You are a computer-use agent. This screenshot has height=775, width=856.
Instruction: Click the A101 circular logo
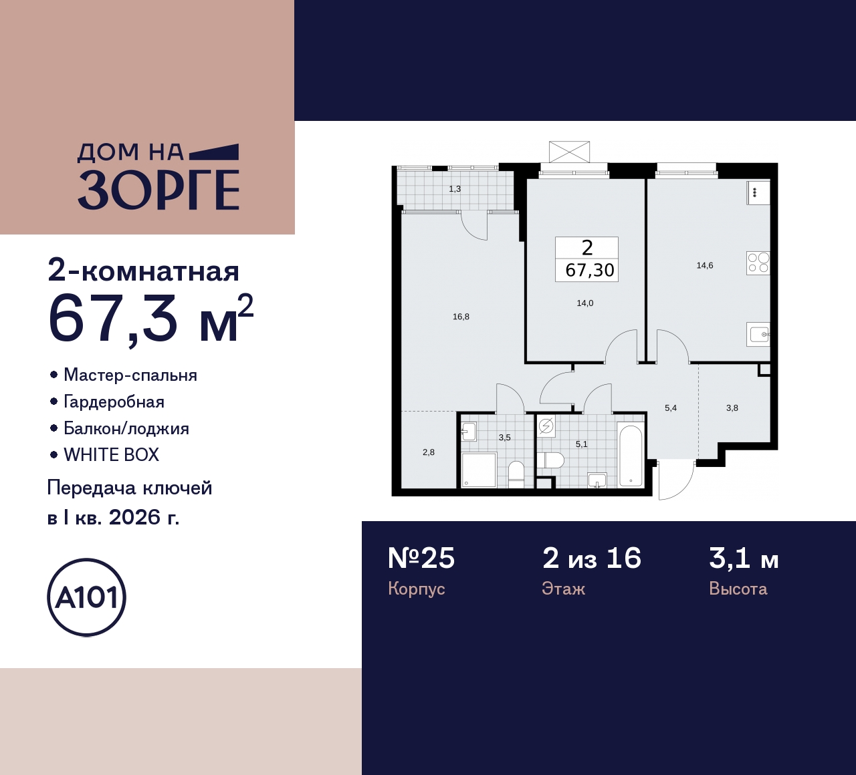pos(86,597)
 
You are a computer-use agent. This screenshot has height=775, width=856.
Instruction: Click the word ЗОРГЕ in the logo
pos(158,190)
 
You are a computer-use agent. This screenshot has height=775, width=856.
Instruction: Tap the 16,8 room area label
pos(461,317)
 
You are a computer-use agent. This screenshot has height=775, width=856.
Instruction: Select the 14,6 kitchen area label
pos(704,265)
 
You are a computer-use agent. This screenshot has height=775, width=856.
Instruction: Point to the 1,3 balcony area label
pos(455,189)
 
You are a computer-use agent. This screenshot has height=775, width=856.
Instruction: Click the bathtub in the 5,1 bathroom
pos(630,456)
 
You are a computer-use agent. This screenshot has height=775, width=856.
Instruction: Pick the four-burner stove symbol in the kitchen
pos(758,263)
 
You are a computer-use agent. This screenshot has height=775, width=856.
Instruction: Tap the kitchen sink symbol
pos(758,333)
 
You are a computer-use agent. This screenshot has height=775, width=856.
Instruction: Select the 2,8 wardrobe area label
pos(429,452)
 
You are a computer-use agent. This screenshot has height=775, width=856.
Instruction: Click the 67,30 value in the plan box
pos(589,270)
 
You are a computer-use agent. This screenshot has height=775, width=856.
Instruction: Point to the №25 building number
pos(421,558)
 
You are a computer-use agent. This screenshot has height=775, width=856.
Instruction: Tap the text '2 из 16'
pos(591,558)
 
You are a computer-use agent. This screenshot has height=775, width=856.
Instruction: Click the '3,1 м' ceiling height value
pos(744,558)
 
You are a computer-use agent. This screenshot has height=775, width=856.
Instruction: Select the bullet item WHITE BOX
pos(111,455)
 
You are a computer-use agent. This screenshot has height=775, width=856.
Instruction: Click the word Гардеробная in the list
pos(114,402)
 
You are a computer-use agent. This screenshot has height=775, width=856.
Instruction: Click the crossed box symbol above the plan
pos(569,152)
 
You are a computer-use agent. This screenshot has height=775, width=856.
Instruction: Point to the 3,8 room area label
pos(732,408)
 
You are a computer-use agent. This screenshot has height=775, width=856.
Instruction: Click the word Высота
pos(738,589)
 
